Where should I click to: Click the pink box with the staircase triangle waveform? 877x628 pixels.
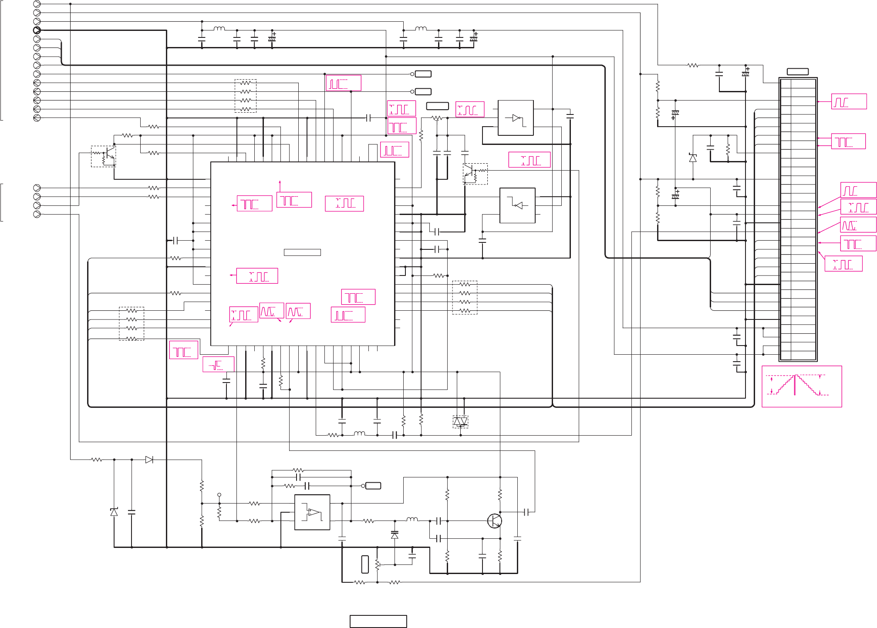point(801,386)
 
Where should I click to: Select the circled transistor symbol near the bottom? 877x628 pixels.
point(494,521)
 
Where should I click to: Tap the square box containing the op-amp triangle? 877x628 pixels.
point(312,512)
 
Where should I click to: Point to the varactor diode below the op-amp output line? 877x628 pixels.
point(395,535)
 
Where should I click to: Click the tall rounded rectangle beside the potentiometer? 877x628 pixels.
point(365,564)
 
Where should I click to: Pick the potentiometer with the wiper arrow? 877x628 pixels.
point(377,564)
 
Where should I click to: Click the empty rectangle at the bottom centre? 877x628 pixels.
point(378,621)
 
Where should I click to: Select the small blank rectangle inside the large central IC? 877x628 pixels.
point(302,252)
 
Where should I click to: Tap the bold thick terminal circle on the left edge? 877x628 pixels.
point(37,30)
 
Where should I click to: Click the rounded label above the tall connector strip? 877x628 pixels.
point(798,71)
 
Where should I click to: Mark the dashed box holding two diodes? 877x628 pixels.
point(460,421)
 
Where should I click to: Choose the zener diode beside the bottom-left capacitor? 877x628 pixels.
point(114,512)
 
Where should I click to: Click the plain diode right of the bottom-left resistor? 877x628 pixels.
point(149,460)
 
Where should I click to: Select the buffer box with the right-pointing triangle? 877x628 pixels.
point(516,118)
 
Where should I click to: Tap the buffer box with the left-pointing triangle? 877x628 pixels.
point(517,205)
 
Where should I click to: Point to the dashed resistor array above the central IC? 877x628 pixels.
point(246,96)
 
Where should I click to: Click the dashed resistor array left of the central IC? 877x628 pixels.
point(132,323)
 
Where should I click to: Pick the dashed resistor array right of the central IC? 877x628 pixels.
point(465,297)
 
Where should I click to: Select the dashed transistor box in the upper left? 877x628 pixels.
point(103,156)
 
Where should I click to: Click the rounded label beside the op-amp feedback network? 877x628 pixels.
point(373,486)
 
